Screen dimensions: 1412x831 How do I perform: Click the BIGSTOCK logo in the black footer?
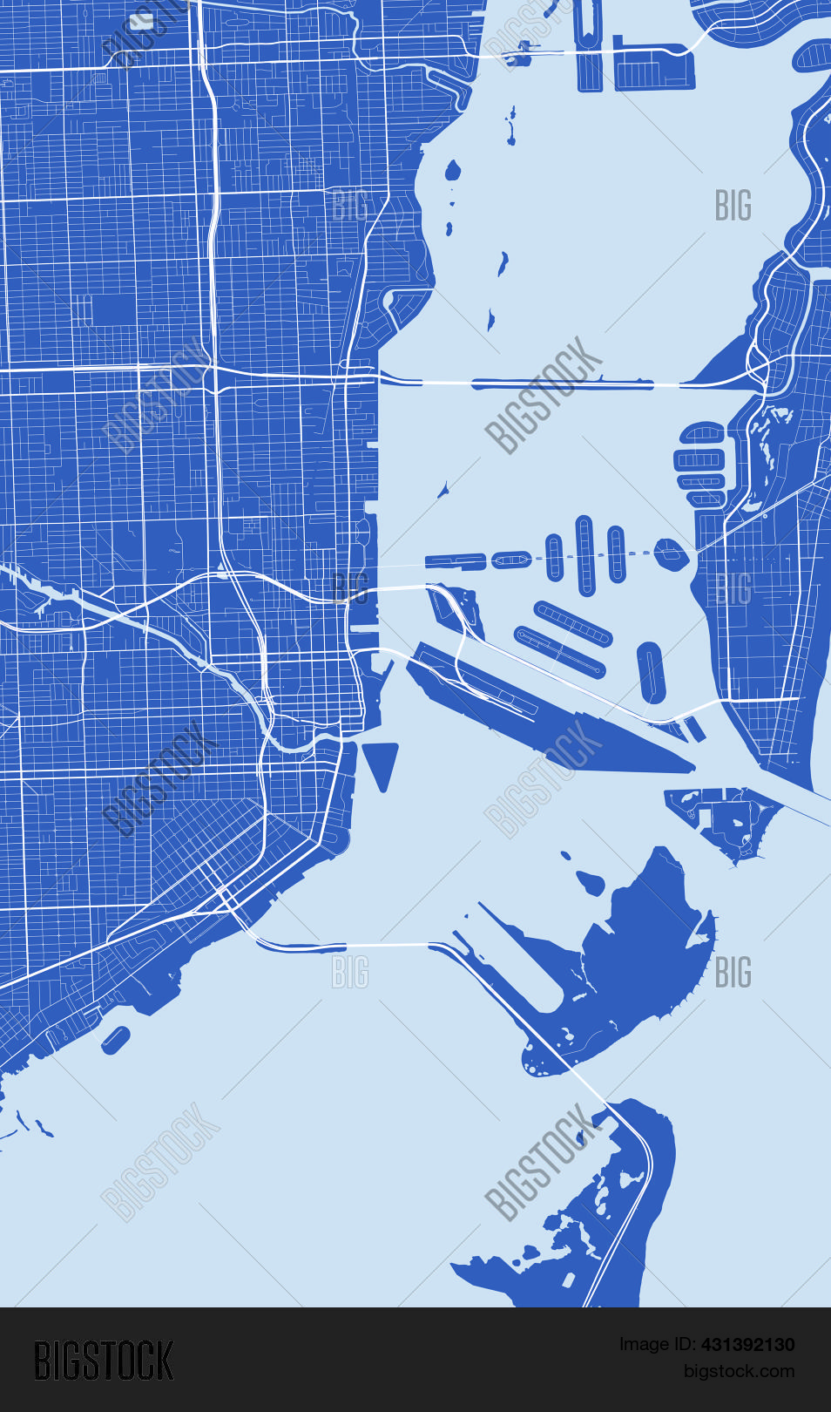104,1361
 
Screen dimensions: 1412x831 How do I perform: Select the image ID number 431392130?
747,1345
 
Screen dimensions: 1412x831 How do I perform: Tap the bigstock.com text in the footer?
739,1371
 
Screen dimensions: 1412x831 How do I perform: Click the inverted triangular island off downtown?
380,761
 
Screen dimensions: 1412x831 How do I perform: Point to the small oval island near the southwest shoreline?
116,1039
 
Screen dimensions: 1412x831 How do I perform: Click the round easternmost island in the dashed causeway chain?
668,553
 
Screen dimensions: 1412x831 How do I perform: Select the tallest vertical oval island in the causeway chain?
584,554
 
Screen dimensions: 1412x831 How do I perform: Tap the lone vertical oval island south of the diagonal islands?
651,672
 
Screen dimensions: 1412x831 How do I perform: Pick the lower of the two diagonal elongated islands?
559,651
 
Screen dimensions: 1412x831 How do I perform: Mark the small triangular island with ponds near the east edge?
727,819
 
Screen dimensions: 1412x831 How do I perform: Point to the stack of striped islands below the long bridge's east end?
700,464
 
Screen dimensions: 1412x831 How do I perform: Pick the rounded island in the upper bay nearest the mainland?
453,170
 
